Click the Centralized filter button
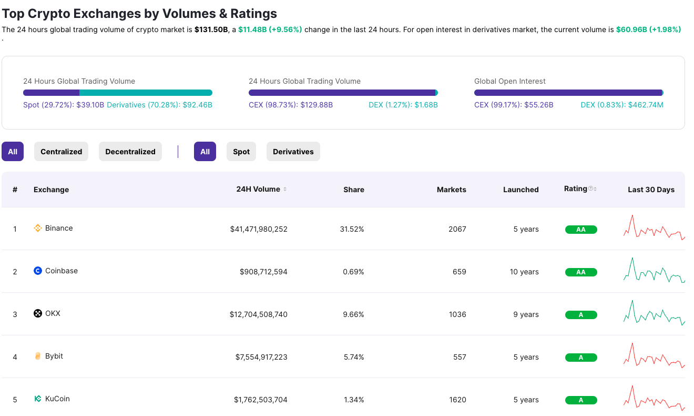62,152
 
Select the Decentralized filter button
130,152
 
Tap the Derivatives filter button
293,152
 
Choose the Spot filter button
241,152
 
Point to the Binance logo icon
37,229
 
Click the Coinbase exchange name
62,271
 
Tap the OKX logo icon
37,314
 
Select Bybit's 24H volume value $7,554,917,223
261,357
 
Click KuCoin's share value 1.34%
353,400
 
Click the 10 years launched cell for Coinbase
524,272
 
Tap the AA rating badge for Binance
581,230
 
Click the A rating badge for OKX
581,315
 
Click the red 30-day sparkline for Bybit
654,356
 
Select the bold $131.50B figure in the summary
211,29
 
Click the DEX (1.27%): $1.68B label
403,105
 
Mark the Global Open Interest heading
509,81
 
